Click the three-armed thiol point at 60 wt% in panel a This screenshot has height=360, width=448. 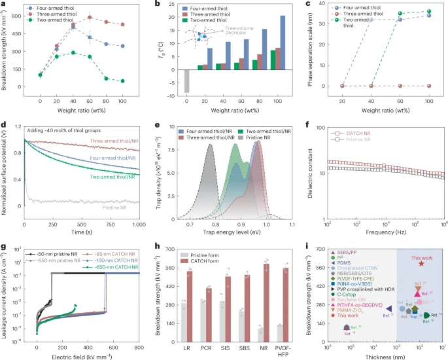pyautogui.click(x=90, y=18)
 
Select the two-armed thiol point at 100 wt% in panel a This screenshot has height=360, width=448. pyautogui.click(x=122, y=81)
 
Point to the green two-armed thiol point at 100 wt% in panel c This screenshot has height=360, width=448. pyautogui.click(x=428, y=11)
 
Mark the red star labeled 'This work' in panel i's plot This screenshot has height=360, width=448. pyautogui.click(x=421, y=263)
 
